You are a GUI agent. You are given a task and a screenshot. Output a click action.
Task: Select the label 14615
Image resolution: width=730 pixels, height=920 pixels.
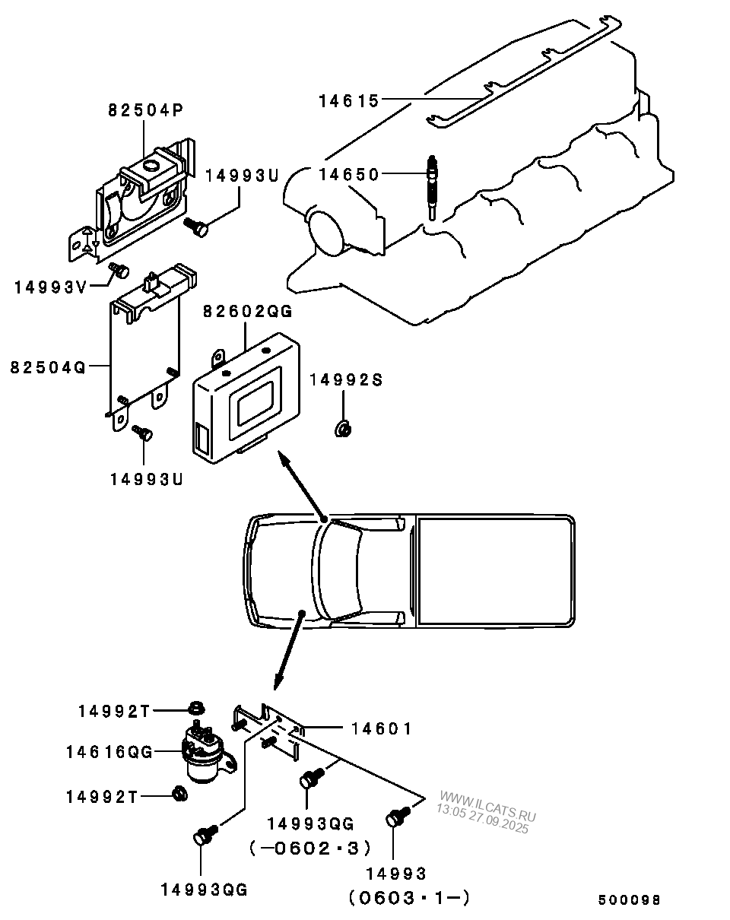coord(348,99)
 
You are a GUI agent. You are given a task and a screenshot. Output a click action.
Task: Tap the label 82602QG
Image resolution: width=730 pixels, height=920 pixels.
coord(247,312)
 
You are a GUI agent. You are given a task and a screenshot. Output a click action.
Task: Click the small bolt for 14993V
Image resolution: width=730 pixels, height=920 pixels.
coord(119,269)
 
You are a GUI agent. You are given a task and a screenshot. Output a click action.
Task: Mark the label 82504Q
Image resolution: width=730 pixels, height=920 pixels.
coord(48,366)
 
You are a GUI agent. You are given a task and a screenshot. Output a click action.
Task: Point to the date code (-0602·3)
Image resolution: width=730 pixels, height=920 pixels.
coord(309,848)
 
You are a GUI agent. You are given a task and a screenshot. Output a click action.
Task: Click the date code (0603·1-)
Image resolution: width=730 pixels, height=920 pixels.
coord(409,898)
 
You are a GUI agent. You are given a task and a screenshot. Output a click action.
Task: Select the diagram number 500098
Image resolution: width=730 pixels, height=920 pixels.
coord(629,900)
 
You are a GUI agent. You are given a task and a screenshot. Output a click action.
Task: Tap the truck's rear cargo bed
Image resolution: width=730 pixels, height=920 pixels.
coord(494,570)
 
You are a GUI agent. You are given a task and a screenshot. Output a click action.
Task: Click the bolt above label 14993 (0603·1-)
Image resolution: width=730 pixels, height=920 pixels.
coord(395,817)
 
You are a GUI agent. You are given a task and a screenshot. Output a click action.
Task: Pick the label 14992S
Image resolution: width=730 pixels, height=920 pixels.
coord(345,379)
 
